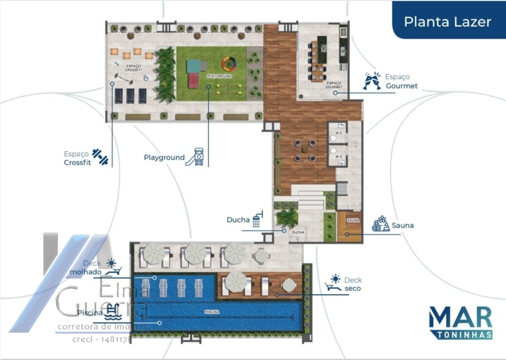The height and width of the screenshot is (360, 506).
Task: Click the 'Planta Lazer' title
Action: coord(447,22)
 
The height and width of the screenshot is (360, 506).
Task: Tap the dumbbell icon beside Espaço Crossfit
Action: coord(100,156)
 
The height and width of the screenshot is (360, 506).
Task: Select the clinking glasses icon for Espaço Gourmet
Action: coord(371,81)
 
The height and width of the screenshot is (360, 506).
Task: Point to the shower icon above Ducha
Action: coord(257,218)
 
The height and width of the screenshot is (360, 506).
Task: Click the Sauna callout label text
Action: coord(403,226)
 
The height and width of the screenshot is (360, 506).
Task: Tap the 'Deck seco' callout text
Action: coord(353,284)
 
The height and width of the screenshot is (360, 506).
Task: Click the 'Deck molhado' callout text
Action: coord(86,268)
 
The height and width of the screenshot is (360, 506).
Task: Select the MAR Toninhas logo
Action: coord(460,322)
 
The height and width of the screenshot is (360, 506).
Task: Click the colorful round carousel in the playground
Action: coord(229,64)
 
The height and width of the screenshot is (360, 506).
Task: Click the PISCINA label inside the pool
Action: coord(211,312)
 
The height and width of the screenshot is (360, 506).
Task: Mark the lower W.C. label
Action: coord(339,157)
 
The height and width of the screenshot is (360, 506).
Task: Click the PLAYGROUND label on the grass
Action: coord(219,76)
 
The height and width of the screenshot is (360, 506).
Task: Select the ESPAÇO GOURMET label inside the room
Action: coord(334,85)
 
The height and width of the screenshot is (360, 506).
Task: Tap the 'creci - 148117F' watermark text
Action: coord(102,339)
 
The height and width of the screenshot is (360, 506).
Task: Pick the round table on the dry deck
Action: coord(289,285)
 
